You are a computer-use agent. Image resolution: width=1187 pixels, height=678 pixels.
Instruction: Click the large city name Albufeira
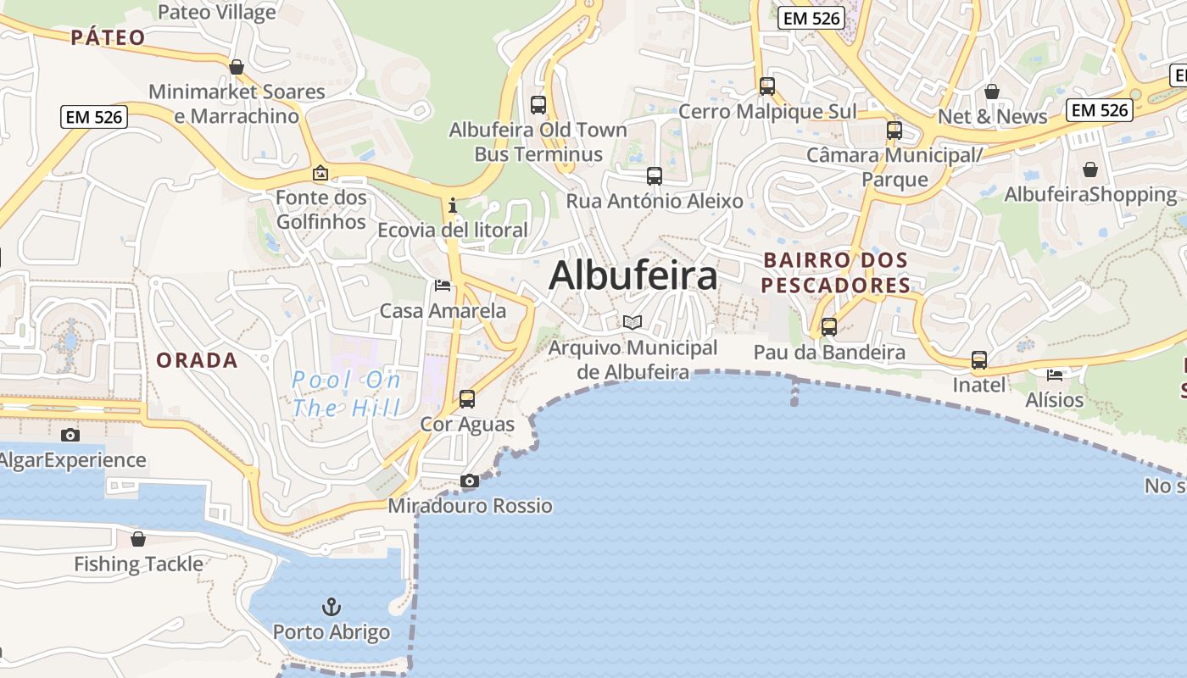click(633, 276)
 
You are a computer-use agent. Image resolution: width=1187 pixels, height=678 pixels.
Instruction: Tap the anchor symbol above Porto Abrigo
click(332, 607)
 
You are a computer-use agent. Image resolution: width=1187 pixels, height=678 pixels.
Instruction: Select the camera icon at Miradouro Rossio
click(469, 481)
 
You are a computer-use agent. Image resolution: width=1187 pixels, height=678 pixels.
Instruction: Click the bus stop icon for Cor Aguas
click(466, 399)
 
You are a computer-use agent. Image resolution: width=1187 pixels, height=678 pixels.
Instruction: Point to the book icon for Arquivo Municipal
click(632, 322)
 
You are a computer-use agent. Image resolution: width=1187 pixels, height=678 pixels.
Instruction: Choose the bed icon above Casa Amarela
click(442, 286)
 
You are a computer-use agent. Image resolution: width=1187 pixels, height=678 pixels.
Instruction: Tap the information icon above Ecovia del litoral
click(453, 205)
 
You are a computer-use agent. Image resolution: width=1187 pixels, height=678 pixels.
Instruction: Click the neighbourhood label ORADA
click(197, 360)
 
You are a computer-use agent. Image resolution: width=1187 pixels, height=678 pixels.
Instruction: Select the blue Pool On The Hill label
click(347, 393)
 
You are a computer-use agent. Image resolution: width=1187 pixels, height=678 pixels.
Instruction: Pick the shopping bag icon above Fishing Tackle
click(138, 539)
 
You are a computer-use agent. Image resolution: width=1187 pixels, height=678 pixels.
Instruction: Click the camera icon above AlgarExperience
click(70, 436)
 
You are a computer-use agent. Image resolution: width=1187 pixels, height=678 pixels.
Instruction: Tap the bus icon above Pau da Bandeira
click(828, 327)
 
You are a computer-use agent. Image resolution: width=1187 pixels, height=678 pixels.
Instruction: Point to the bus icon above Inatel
click(979, 360)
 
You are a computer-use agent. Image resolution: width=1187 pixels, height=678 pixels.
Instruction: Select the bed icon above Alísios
click(1055, 375)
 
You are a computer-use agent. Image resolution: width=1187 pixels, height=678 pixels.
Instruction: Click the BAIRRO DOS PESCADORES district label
click(835, 272)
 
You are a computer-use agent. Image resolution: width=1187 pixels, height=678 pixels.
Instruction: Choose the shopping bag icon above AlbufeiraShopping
click(1089, 170)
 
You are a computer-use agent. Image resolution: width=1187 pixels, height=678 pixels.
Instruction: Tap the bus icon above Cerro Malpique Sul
click(767, 86)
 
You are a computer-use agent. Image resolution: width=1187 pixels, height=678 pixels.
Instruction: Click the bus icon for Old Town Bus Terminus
click(538, 105)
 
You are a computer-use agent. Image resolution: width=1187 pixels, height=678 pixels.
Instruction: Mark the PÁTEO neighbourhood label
click(108, 37)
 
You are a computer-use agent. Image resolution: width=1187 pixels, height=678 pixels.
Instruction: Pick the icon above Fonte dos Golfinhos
click(320, 173)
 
